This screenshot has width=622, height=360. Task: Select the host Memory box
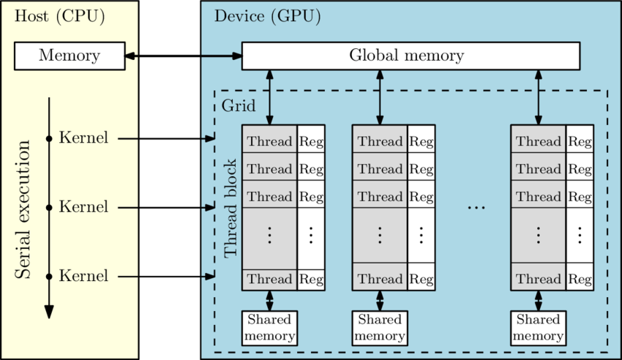[70, 56]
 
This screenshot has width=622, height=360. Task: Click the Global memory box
[411, 56]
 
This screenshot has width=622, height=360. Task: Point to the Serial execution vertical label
[23, 209]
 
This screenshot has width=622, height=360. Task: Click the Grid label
[239, 106]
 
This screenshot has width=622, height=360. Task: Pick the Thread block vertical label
[231, 208]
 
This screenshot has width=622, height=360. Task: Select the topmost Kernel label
[83, 138]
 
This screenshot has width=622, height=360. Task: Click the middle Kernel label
[83, 207]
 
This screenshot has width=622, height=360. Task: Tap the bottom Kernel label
[83, 277]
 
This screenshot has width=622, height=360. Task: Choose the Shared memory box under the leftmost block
[269, 328]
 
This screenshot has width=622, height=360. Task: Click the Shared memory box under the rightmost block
[539, 328]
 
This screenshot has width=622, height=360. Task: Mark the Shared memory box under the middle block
[380, 328]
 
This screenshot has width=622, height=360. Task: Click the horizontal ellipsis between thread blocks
[476, 208]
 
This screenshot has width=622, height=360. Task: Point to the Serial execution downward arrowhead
[49, 311]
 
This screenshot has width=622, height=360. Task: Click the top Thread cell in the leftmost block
[269, 141]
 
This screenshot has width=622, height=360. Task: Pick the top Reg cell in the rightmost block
[580, 141]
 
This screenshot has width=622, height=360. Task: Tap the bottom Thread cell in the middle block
[380, 279]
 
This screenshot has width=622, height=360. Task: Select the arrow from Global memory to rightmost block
[539, 97]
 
